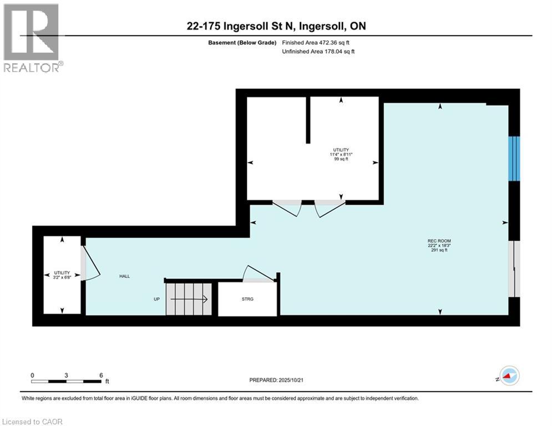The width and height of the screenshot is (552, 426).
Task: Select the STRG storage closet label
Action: tap(247, 299)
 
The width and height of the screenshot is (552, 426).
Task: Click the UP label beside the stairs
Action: tap(157, 300)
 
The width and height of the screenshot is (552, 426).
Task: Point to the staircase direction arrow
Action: tap(189, 300)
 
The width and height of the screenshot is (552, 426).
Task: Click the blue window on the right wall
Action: tap(514, 159)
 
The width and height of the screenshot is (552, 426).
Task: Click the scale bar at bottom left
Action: tap(67, 381)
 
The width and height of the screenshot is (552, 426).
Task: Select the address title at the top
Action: tap(276, 26)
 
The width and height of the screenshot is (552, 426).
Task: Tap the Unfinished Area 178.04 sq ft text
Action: tap(318, 51)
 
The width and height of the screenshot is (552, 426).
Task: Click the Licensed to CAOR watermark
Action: tap(32, 422)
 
